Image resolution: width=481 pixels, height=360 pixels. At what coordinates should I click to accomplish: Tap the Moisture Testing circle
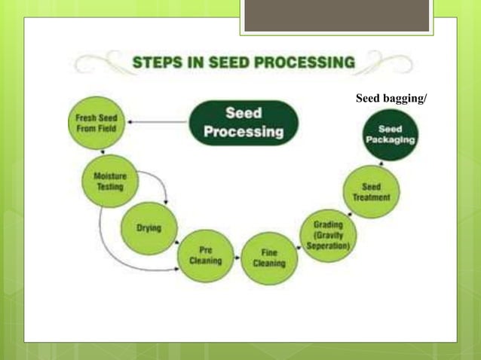[x=109, y=182]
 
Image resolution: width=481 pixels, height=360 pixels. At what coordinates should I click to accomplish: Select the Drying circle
[x=149, y=228]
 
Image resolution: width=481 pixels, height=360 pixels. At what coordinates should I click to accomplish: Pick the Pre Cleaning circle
[x=205, y=256]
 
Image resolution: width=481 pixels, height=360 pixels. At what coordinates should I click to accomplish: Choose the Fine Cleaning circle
[x=269, y=258]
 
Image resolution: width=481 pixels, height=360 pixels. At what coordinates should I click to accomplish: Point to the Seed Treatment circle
[x=372, y=192]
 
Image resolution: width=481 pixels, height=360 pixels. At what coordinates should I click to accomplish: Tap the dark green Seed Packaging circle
[x=391, y=136]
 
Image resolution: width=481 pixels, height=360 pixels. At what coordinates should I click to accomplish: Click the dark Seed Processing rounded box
[x=244, y=123]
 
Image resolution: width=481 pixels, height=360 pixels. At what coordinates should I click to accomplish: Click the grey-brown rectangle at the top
[x=336, y=16]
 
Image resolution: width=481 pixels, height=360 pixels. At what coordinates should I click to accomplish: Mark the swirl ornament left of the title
[x=109, y=62]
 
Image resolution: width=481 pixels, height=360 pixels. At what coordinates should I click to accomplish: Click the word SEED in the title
[x=229, y=62]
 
